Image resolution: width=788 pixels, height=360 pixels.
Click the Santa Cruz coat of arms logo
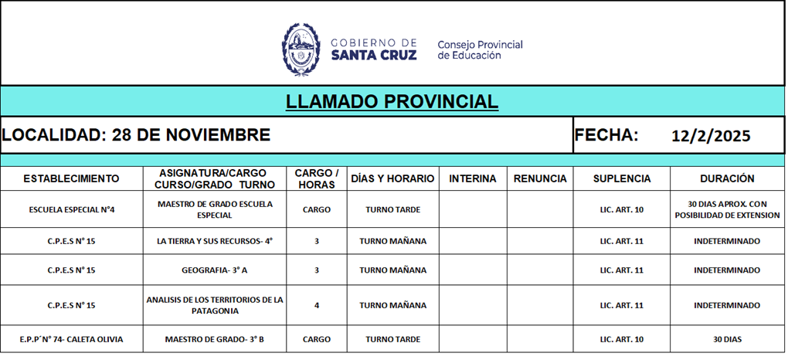click(x=300, y=49)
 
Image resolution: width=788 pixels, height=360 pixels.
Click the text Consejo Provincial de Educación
click(x=480, y=50)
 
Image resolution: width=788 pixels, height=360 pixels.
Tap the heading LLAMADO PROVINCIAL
click(x=392, y=102)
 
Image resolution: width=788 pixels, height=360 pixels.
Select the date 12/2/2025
click(x=711, y=136)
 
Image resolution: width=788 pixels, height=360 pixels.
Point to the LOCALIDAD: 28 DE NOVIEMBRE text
click(x=136, y=135)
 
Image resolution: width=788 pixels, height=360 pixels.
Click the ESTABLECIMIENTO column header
click(x=71, y=178)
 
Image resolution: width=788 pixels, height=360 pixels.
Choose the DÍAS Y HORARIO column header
click(x=392, y=178)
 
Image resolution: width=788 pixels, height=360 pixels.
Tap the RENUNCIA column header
click(x=540, y=178)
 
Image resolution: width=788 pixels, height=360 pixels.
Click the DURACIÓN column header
click(x=727, y=178)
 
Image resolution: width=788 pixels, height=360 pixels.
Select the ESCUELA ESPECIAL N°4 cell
click(x=71, y=209)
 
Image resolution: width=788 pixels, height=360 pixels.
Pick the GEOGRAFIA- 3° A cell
click(x=215, y=270)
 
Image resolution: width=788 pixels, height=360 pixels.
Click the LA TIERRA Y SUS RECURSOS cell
click(x=215, y=241)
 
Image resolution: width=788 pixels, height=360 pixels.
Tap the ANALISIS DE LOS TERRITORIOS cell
click(x=215, y=305)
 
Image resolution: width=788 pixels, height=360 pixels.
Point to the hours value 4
click(x=317, y=305)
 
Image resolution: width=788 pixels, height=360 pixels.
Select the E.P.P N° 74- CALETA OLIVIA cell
click(x=71, y=339)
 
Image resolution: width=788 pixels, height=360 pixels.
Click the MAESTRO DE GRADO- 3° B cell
click(x=215, y=339)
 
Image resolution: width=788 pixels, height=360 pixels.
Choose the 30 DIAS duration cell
click(x=727, y=339)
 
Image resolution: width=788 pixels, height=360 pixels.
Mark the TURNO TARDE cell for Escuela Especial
click(x=392, y=209)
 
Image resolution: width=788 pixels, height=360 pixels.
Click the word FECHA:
click(x=606, y=135)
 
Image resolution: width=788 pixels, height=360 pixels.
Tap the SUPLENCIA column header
click(x=622, y=178)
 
